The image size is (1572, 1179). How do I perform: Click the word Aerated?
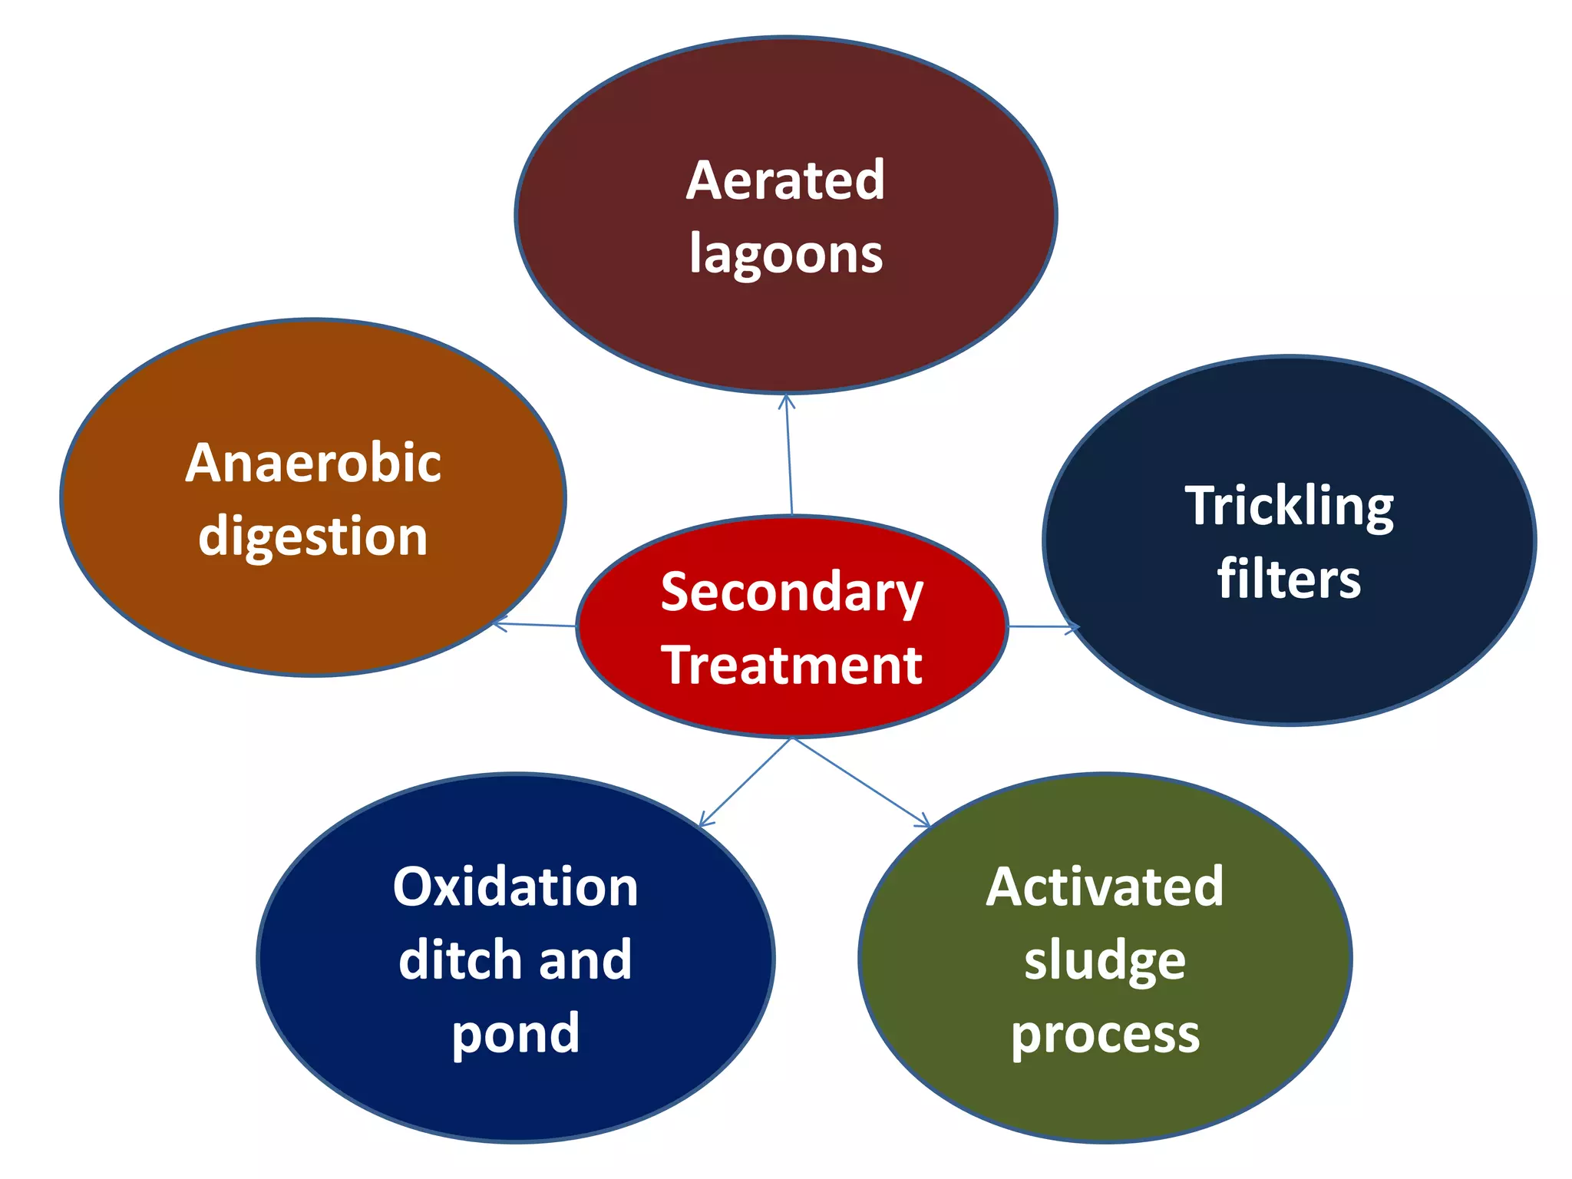coord(785,180)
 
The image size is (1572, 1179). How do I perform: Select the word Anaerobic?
coord(313,463)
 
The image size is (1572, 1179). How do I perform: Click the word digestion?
coord(313,537)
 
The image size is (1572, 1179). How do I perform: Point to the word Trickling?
coord(1289,507)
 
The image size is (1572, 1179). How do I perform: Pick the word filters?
coord(1289,579)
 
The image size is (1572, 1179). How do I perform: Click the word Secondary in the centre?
coord(791,593)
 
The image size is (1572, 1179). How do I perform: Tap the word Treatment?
coord(791,665)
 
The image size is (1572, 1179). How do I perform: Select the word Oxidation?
coord(515,887)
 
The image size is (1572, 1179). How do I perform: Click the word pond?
coord(515,1034)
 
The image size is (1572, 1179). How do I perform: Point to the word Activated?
coord(1105,887)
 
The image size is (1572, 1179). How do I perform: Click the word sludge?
coord(1105,960)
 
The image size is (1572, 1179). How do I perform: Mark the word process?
coord(1105,1034)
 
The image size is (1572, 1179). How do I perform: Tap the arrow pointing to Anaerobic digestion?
coord(534,624)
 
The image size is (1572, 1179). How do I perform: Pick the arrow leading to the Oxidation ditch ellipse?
coord(745,782)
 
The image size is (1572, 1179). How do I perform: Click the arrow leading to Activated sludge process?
coord(860,781)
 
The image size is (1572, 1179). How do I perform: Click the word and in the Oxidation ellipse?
coord(585,960)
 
